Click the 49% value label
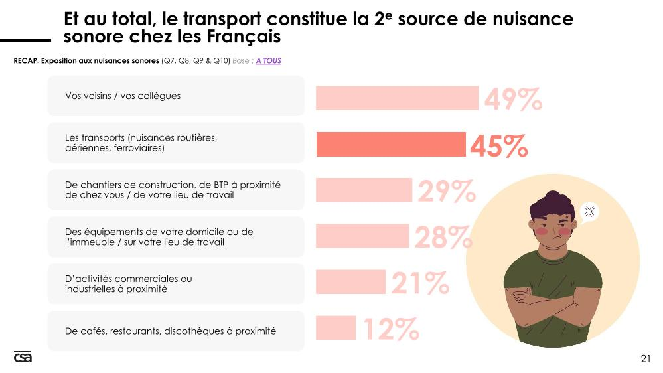click(513, 99)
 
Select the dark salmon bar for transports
click(391, 144)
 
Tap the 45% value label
click(499, 146)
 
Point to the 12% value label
click(391, 329)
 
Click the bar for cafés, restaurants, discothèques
click(336, 328)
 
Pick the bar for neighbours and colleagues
click(397, 98)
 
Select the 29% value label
click(447, 191)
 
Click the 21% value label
click(420, 283)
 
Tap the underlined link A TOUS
click(269, 61)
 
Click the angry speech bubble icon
click(589, 212)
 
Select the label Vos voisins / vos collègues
click(123, 96)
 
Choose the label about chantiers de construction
click(173, 190)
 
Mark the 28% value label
click(443, 237)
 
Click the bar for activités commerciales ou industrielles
click(350, 281)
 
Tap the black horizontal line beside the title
click(25, 40)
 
